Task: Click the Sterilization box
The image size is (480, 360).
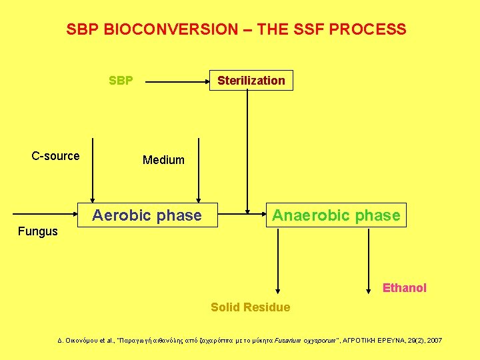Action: pos(251,81)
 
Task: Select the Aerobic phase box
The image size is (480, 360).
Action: pos(147,215)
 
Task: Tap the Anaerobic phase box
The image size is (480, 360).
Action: pos(336,215)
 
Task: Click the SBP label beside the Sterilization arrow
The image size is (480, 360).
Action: pos(121,81)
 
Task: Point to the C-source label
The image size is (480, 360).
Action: pos(55,156)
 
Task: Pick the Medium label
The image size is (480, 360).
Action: pos(163,160)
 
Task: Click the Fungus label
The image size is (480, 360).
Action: pos(37,232)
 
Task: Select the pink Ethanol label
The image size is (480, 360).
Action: pos(404,288)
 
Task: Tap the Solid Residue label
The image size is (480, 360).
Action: pos(250,307)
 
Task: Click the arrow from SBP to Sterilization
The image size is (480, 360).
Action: pos(177,83)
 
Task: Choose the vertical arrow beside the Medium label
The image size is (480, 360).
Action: pos(198,169)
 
